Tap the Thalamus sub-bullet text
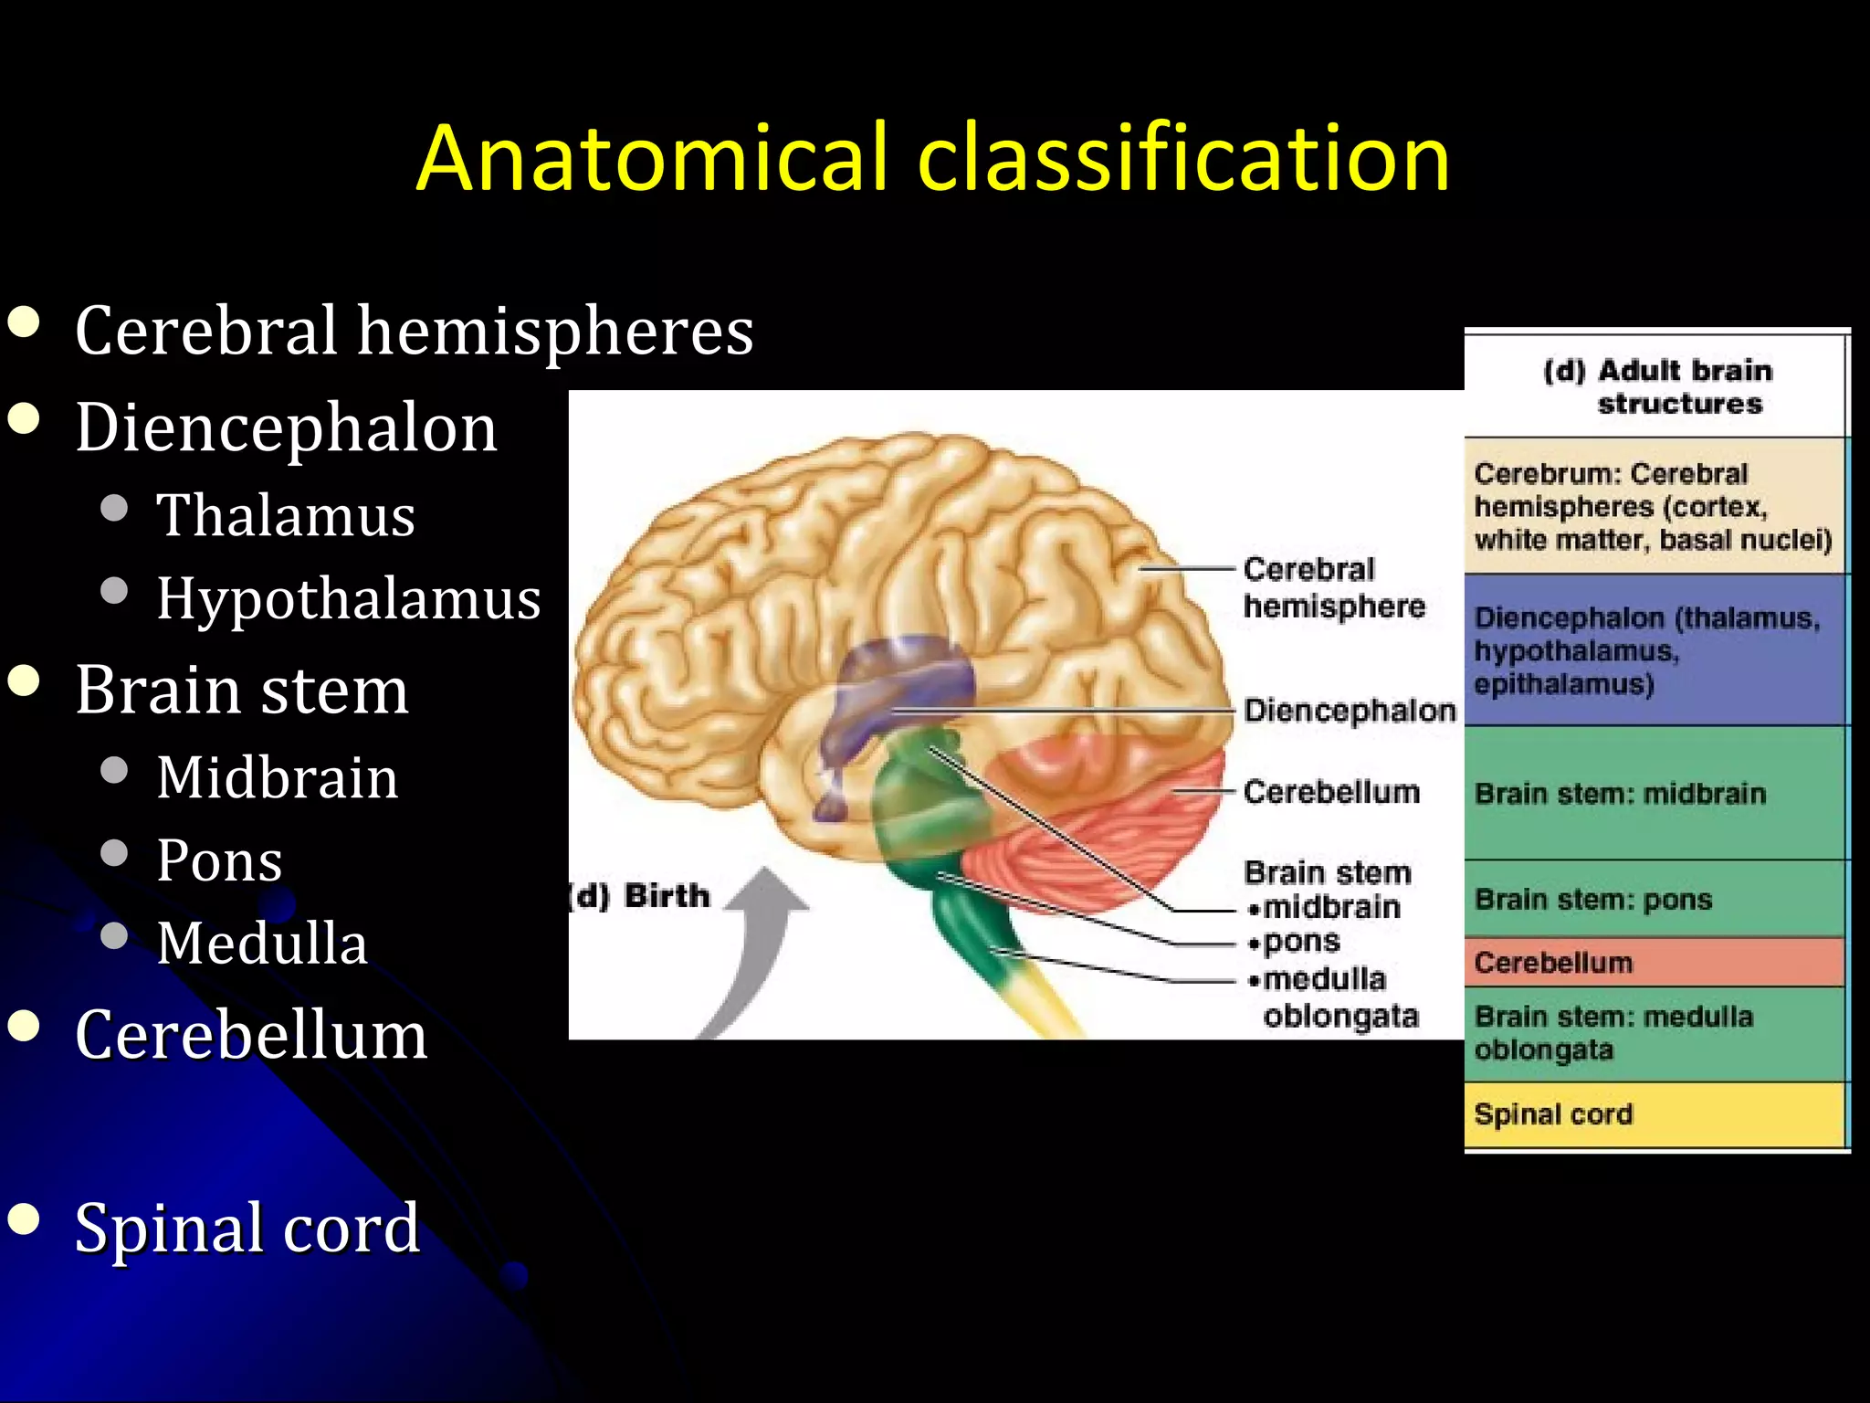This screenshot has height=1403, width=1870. [x=285, y=515]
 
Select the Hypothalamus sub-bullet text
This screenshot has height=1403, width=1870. [x=348, y=598]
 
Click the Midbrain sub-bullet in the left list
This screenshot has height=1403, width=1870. [x=277, y=777]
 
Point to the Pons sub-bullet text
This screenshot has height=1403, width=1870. [x=219, y=860]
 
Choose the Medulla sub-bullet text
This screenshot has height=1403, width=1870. [x=261, y=943]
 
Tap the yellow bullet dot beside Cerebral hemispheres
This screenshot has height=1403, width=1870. [x=24, y=322]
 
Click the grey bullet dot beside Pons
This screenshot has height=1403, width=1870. [x=114, y=853]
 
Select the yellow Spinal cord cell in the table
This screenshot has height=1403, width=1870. [x=1655, y=1114]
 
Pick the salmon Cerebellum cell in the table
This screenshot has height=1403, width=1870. [x=1655, y=963]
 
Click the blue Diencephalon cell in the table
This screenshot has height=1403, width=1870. [x=1655, y=650]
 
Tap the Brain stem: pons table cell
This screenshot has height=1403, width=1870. [x=1655, y=899]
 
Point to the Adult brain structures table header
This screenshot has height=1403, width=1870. [x=1656, y=387]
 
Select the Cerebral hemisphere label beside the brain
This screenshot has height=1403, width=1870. [x=1333, y=587]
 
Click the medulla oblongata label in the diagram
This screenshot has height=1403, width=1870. [x=1333, y=997]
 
